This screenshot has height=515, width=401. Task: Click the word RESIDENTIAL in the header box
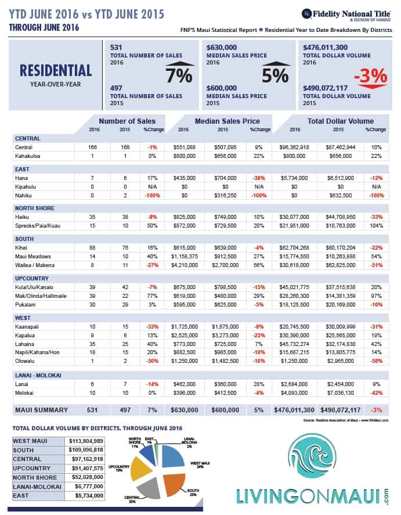click(56, 70)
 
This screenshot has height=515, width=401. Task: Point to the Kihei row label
click(23, 247)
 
